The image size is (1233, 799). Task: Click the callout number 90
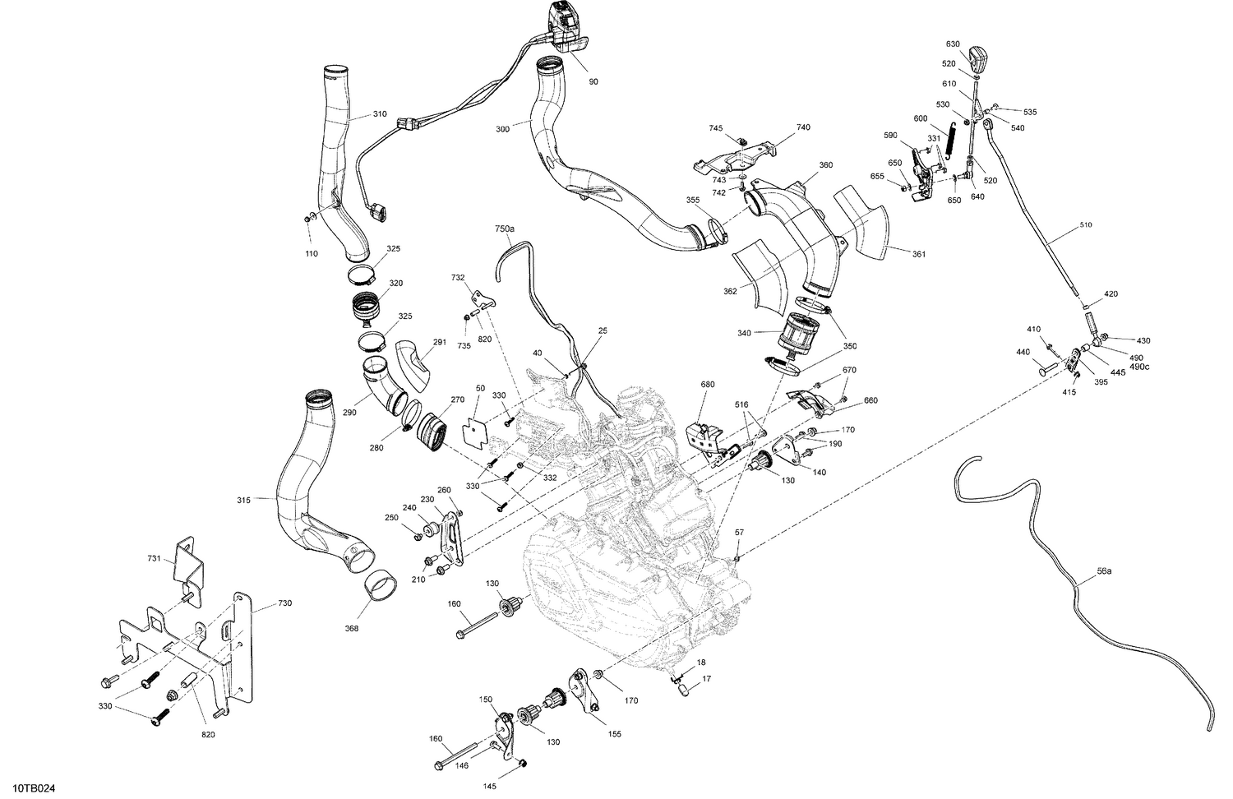[x=593, y=81]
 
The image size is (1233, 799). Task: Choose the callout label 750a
[x=505, y=229]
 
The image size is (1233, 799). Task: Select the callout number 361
[x=917, y=254]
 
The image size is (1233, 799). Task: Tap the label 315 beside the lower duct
[x=243, y=499]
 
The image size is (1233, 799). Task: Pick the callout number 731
[x=153, y=559]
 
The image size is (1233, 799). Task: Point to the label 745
[x=716, y=128]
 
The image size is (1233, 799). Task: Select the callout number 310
[x=379, y=114]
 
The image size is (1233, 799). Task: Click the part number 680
[x=707, y=384]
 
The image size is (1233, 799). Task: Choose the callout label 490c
[x=1139, y=367]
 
